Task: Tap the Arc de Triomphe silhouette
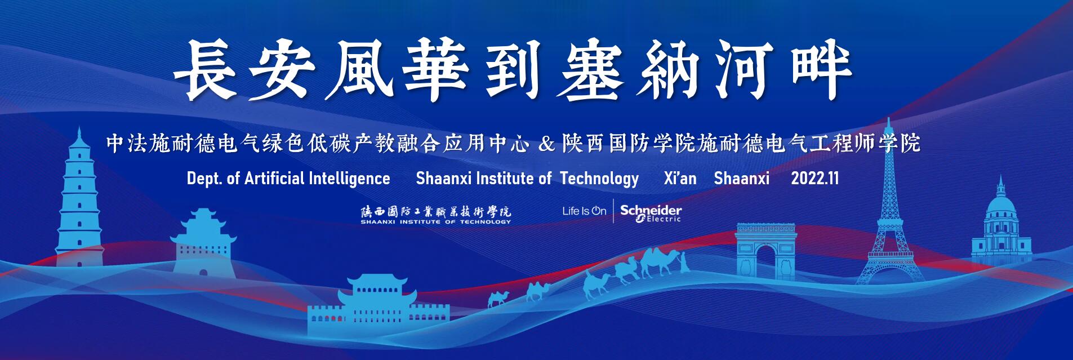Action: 765,250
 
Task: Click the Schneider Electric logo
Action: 651,213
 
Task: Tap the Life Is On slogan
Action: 584,211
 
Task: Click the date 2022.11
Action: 814,179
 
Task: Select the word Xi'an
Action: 680,179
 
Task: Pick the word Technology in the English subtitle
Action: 599,179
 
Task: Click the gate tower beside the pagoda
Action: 203,242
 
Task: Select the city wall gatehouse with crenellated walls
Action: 379,306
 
